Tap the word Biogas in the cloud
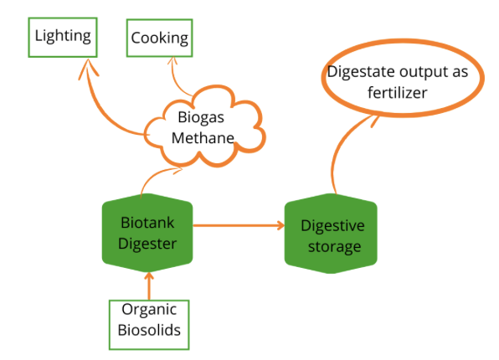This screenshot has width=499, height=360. pos(201,118)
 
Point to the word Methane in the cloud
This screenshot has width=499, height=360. pos(203,138)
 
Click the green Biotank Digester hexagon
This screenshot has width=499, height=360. pos(147,233)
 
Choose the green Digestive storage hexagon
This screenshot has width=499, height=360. pos(331,234)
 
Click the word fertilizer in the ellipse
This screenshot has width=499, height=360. pos(397,93)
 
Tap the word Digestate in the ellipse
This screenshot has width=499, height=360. pos(361,72)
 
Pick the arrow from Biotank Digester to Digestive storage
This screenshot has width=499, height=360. pos(239,225)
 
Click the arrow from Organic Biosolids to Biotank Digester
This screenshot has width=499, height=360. pos(149,285)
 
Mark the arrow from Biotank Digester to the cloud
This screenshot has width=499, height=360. pos(155,176)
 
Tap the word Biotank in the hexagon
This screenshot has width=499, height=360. pos(147,223)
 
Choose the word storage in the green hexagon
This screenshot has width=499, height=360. pos(334,247)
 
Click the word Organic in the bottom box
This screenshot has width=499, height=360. pos(149,310)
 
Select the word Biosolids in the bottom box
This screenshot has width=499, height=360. pos(149,330)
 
